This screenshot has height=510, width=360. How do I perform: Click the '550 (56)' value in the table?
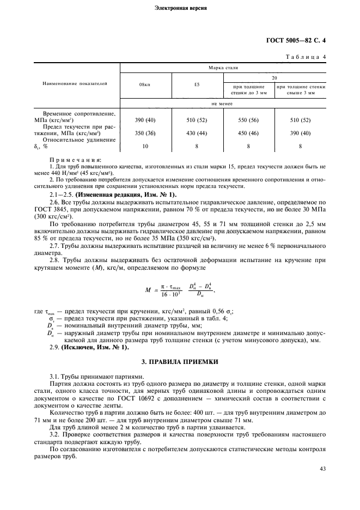tap(248, 119)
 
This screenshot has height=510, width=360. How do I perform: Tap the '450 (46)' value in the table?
tap(248, 133)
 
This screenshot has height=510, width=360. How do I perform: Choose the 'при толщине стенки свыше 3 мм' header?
tap(301, 89)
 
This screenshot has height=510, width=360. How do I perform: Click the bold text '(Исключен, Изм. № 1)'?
tap(96, 347)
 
